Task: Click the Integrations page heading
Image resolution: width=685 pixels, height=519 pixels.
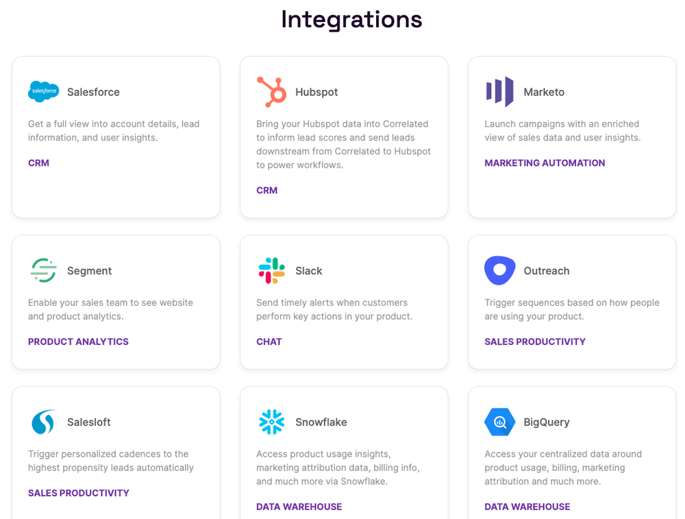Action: [351, 19]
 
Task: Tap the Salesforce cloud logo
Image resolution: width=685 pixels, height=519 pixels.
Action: [43, 92]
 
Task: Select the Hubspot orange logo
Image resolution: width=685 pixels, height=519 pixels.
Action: [271, 92]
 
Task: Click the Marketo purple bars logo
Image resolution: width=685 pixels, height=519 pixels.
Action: [499, 92]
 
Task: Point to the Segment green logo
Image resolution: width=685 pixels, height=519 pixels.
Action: [43, 271]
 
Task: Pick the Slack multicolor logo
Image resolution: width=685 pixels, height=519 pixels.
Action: [271, 271]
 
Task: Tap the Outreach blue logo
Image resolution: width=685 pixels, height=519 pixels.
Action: [499, 270]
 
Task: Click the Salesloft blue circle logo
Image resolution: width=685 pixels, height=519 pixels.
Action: [43, 422]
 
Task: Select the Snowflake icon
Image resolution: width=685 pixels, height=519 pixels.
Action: [271, 422]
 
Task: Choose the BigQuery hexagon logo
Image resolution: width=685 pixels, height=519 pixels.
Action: [499, 422]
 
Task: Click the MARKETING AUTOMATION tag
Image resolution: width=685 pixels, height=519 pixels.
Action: [545, 163]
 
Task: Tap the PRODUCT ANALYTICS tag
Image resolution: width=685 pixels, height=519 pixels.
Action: [78, 342]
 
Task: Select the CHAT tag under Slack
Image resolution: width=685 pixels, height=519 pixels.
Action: [269, 342]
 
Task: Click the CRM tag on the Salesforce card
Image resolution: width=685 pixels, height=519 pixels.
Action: [38, 163]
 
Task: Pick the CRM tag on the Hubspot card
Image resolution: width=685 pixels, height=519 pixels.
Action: [266, 191]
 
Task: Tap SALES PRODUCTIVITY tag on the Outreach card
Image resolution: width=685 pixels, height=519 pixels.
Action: [534, 342]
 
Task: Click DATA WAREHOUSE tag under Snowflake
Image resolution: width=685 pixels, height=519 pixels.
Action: [299, 507]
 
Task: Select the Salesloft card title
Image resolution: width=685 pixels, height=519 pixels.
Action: [88, 422]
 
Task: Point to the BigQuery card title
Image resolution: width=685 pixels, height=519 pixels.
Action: [546, 422]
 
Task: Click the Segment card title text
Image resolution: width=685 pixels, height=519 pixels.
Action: [89, 271]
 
